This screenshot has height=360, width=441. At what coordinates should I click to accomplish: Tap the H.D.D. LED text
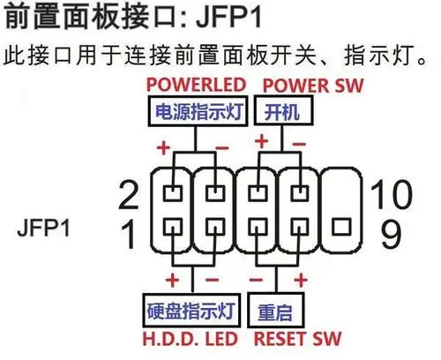pos(192,337)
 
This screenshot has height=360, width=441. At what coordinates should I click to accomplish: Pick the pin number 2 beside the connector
pos(131,193)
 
